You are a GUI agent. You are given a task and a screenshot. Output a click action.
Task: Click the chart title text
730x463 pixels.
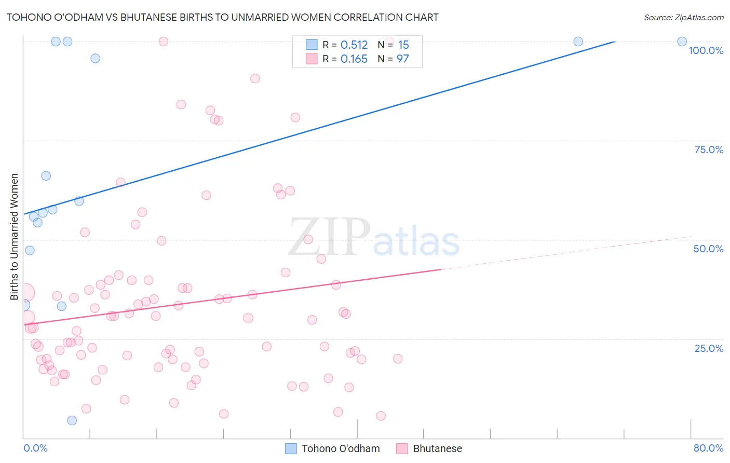click(222, 18)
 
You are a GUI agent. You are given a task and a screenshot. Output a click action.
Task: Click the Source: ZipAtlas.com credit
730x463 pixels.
click(683, 18)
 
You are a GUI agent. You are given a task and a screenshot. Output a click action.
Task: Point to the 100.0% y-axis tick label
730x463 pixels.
click(706, 50)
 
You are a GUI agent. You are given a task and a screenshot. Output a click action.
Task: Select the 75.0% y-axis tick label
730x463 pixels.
click(709, 149)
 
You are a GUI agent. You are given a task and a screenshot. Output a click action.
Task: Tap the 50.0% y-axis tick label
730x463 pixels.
click(708, 249)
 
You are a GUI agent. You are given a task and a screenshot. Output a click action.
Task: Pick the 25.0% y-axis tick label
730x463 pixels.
click(709, 348)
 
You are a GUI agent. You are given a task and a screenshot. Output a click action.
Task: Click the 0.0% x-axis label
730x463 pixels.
click(35, 448)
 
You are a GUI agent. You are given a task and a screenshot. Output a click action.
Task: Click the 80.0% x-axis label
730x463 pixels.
click(708, 448)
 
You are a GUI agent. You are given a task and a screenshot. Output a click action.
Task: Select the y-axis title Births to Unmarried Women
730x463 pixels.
click(14, 237)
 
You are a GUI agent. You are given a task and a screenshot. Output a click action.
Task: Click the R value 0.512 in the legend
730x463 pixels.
click(354, 45)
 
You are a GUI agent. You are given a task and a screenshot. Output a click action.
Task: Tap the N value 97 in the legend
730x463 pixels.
click(403, 59)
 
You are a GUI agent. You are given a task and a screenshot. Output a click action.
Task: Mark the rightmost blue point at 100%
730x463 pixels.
click(682, 42)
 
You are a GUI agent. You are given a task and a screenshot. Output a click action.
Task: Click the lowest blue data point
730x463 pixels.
click(72, 420)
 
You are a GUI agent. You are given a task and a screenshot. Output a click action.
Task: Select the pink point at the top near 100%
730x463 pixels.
click(164, 42)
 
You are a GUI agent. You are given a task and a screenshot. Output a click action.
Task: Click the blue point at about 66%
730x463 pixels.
click(46, 176)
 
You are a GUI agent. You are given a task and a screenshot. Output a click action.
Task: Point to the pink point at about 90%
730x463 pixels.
click(255, 78)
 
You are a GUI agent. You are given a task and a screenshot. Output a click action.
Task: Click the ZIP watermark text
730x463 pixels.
click(329, 237)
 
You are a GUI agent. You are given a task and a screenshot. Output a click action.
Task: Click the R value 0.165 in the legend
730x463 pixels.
click(354, 59)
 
